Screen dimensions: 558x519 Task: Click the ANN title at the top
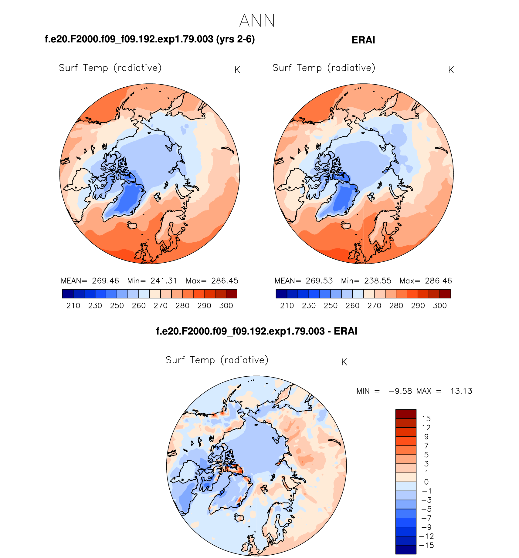pos(257,21)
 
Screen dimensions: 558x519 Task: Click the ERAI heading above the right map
pos(363,40)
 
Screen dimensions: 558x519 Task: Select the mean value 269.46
pos(105,281)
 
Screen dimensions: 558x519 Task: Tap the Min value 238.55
pos(378,281)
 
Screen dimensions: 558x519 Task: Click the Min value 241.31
pos(164,281)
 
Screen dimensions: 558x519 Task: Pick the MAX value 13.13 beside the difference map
pos(461,391)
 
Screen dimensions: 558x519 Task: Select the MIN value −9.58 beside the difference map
pos(400,391)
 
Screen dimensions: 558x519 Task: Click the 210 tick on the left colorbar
pos(73,306)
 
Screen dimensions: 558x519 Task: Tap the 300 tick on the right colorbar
pos(440,306)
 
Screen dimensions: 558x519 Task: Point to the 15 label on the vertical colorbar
pos(426,419)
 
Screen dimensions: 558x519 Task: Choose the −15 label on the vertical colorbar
pos(426,545)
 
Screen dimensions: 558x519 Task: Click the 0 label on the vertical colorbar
pos(426,482)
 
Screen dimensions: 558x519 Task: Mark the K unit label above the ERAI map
pos(451,70)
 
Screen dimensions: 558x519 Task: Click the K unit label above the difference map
pos(344,362)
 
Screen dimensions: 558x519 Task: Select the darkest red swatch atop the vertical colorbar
pos(406,414)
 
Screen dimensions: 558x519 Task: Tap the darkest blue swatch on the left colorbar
pos(68,294)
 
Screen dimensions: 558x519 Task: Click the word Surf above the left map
pos(68,68)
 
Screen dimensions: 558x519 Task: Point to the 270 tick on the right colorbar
pos(374,306)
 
